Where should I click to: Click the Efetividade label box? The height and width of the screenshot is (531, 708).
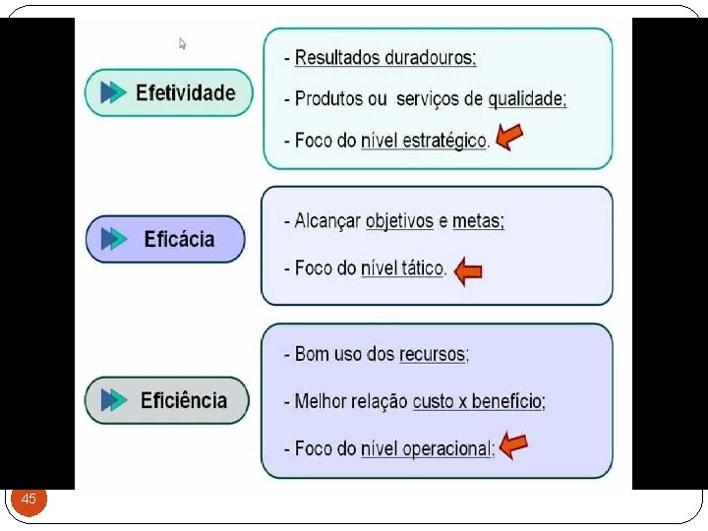click(168, 93)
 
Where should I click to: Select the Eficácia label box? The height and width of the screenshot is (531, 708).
click(165, 239)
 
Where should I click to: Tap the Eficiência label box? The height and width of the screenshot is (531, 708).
click(167, 400)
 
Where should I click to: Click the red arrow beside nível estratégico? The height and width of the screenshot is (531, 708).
click(508, 138)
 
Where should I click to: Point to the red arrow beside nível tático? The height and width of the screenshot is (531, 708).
click(469, 269)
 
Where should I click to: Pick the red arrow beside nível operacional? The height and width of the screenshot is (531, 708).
click(512, 446)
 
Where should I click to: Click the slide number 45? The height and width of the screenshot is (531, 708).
click(29, 500)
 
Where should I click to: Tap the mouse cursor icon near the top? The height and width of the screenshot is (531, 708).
click(182, 43)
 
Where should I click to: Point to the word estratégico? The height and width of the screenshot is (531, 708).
click(443, 141)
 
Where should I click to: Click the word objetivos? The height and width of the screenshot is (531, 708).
click(399, 222)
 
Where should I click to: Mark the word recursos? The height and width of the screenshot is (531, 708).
click(432, 354)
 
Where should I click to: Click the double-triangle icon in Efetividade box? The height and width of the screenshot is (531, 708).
click(114, 93)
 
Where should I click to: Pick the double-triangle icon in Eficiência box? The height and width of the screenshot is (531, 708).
click(115, 400)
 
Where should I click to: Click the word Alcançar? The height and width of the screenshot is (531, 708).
click(327, 222)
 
